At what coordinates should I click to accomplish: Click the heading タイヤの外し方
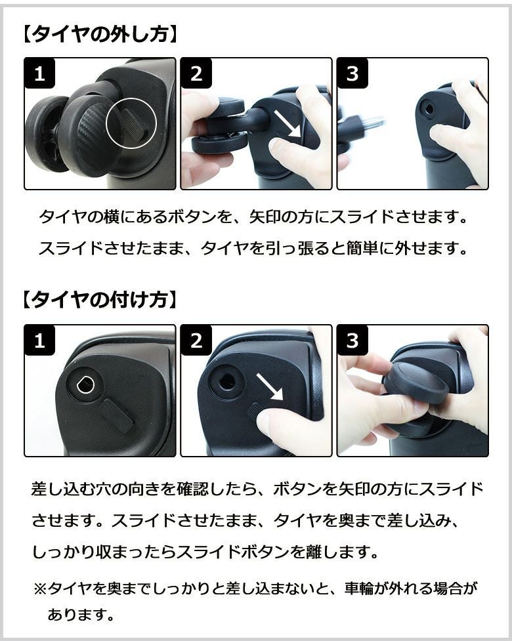coord(100,34)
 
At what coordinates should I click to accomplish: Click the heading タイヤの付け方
coord(100,300)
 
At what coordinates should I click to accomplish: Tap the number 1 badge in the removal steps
coord(39,73)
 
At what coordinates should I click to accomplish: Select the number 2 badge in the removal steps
coord(196,73)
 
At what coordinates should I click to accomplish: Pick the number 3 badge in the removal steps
coord(352,73)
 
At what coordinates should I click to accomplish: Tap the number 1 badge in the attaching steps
coord(39,340)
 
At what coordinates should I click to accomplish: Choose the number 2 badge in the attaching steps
coord(196,340)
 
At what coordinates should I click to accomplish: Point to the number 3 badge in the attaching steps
coord(352,340)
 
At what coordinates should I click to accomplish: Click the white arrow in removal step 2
coord(287,124)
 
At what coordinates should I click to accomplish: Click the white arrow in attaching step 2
coord(270,387)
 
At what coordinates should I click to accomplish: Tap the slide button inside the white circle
coord(133,124)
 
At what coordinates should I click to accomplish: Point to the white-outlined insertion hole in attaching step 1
coord(85,384)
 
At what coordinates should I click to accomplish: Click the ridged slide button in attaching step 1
coord(117,415)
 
